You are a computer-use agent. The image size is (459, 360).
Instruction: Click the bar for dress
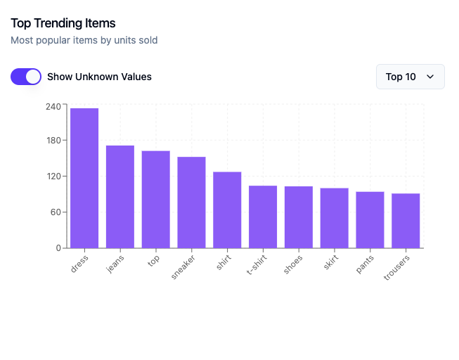click(x=84, y=178)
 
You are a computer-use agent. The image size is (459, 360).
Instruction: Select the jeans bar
click(x=120, y=197)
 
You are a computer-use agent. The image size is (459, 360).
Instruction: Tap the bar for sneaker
click(x=191, y=202)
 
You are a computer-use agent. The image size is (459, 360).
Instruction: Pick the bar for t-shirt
click(x=263, y=217)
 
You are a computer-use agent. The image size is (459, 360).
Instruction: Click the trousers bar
click(x=406, y=221)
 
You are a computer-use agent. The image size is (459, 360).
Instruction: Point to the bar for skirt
click(x=335, y=218)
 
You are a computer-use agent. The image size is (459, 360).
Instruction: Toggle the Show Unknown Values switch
click(x=26, y=77)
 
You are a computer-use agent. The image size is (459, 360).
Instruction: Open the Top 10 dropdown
click(x=410, y=77)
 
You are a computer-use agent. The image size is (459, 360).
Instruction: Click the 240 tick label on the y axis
click(x=53, y=107)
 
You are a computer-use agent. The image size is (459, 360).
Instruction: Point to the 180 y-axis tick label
click(x=53, y=141)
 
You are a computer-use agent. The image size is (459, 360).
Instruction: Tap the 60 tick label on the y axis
click(x=56, y=212)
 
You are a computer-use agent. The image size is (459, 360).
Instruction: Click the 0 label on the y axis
click(x=58, y=248)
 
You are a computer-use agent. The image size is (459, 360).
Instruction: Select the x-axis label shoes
click(x=292, y=264)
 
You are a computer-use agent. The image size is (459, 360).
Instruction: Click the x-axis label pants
click(x=365, y=264)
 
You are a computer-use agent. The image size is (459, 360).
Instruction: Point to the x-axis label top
click(x=153, y=261)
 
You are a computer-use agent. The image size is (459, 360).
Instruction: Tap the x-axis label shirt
click(x=224, y=262)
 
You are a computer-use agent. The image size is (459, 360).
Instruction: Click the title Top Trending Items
click(x=63, y=23)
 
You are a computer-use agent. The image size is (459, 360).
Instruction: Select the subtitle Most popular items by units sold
click(x=84, y=40)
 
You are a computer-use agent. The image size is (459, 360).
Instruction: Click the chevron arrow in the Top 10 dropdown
click(x=430, y=77)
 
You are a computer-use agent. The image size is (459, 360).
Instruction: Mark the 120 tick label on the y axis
click(x=54, y=176)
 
